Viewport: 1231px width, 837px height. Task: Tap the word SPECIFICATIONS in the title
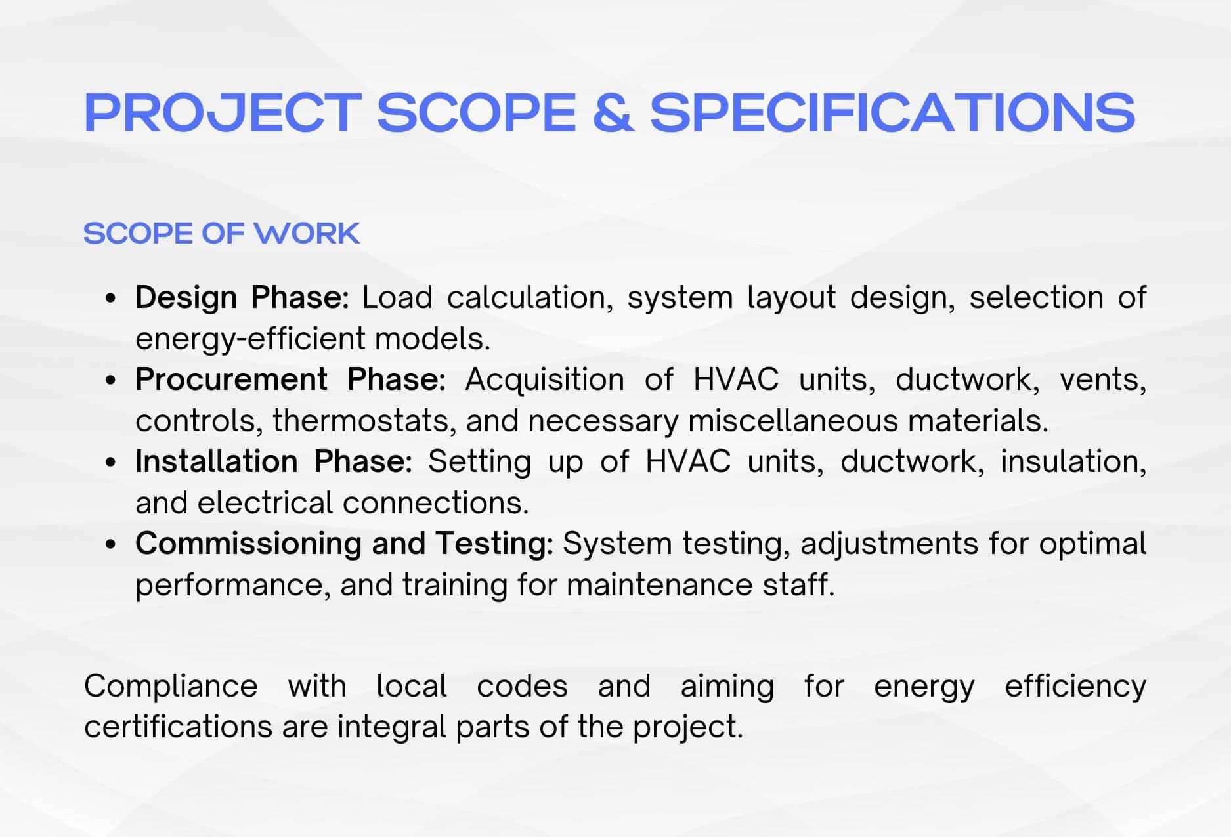[x=893, y=112]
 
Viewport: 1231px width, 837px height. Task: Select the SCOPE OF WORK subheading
[x=222, y=234]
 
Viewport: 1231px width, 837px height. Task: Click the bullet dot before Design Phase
[x=111, y=298]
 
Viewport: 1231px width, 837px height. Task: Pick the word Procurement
[x=231, y=379]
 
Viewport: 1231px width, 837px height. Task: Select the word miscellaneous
[x=792, y=421]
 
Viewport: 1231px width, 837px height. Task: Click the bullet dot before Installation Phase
[x=111, y=462]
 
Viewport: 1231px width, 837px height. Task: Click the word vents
[x=1103, y=380]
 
